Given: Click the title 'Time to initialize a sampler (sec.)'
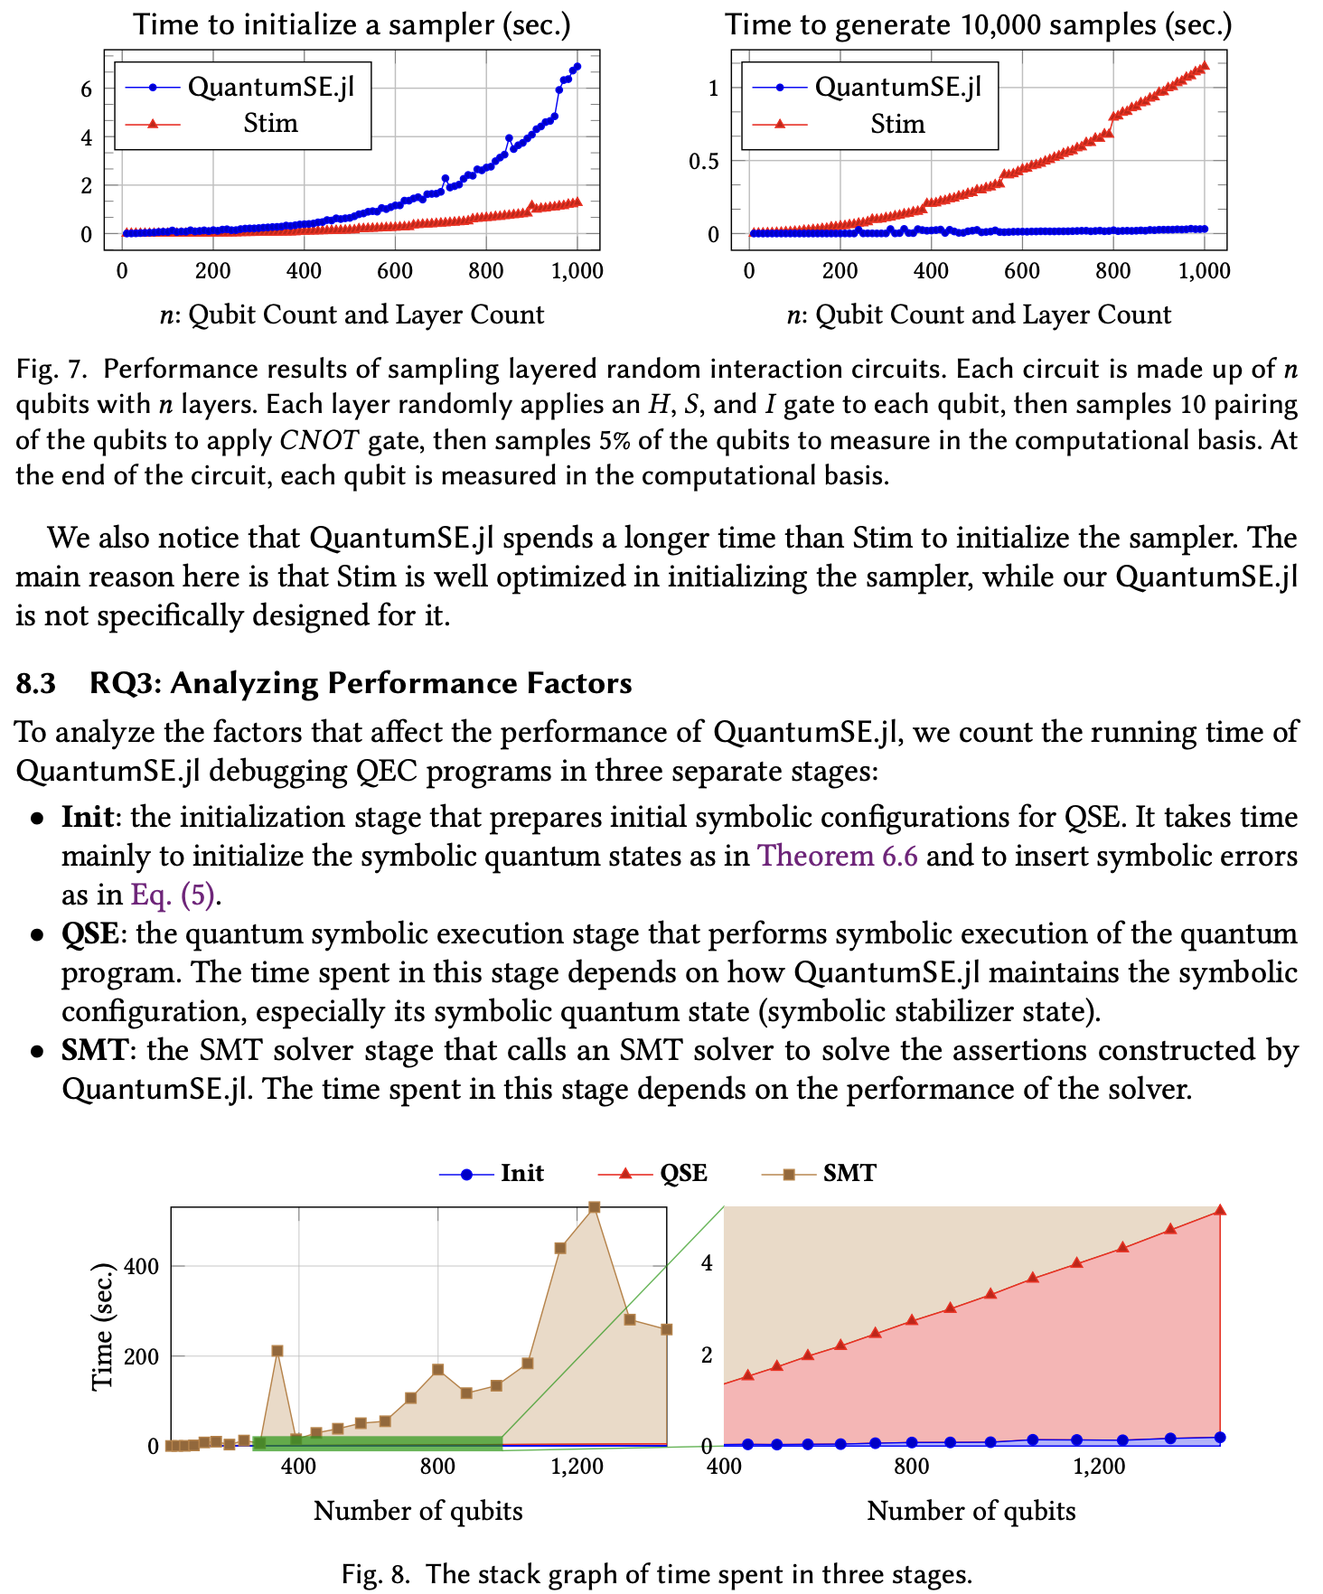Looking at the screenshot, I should click(x=352, y=24).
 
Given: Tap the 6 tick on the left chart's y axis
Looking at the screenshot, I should click(x=87, y=89).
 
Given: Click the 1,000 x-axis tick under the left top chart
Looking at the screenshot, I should click(x=577, y=271).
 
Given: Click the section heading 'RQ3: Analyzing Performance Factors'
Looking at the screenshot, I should click(x=360, y=683).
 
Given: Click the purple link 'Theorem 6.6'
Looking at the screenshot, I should click(x=837, y=856).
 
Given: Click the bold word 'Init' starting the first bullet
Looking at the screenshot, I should click(x=87, y=817).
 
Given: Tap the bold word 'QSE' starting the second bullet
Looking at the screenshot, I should click(x=89, y=933).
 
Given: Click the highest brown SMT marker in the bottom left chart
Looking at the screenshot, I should click(x=594, y=1207).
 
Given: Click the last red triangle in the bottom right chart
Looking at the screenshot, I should click(x=1219, y=1211).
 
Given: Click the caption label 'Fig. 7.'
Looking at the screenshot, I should click(x=52, y=370).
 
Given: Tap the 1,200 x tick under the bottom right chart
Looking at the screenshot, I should click(x=1098, y=1467).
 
